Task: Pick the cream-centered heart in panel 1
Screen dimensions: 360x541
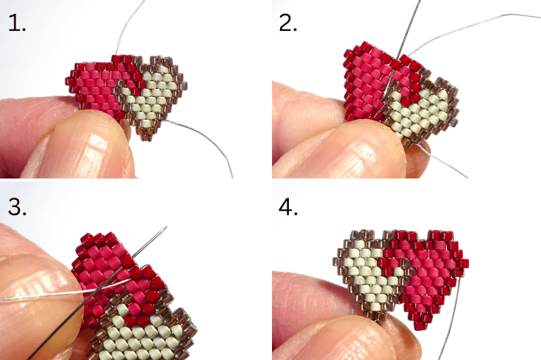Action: (151, 99)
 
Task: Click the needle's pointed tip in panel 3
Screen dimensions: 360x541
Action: (167, 227)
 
